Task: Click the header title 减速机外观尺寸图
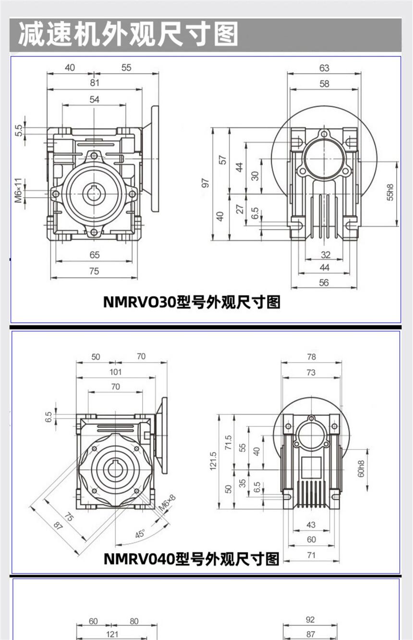(x=128, y=35)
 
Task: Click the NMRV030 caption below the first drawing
(x=192, y=301)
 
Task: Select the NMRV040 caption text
(x=192, y=559)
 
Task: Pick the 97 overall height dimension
(x=206, y=183)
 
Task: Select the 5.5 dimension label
(x=19, y=130)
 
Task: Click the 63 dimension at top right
(x=324, y=68)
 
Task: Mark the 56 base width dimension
(x=324, y=282)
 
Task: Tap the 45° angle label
(x=140, y=534)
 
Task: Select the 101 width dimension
(x=115, y=372)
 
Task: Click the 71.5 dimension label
(x=229, y=442)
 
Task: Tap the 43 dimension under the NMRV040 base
(x=311, y=525)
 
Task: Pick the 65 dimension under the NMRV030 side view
(x=95, y=255)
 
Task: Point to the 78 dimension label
(x=311, y=356)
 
